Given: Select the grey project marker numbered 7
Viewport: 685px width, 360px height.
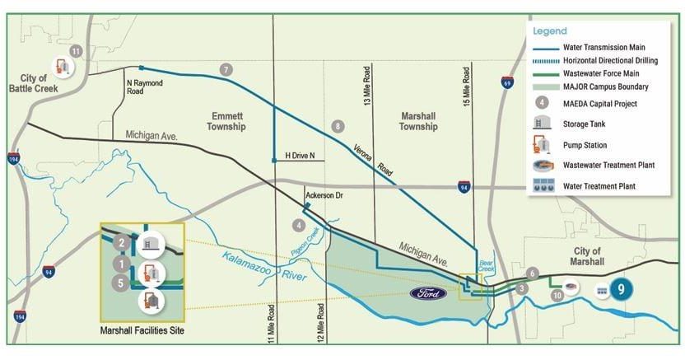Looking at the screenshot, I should [226, 69].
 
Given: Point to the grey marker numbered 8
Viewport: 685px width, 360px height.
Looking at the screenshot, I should [337, 126].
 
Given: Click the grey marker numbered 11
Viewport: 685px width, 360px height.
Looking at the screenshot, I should [77, 51].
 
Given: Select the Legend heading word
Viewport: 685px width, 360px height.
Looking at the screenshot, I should [551, 30].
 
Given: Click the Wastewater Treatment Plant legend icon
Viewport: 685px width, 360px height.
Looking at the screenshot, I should [543, 165].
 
